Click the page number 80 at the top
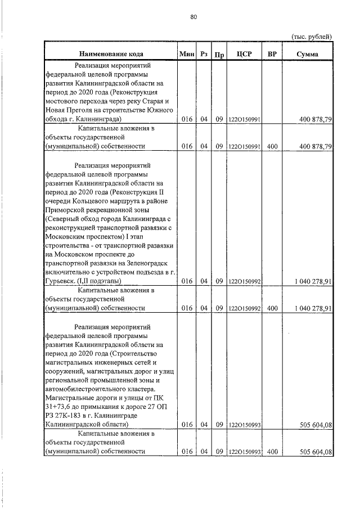click(x=193, y=17)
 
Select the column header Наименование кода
click(x=110, y=55)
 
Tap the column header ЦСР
click(x=244, y=55)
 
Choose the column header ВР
click(x=272, y=55)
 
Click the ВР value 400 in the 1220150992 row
click(x=272, y=308)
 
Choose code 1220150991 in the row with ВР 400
click(x=244, y=146)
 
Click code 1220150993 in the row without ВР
click(x=244, y=425)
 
